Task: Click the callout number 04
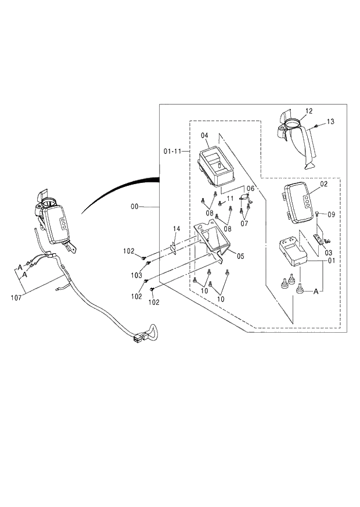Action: [204, 135]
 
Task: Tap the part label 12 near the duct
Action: [308, 110]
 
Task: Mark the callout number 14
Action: [177, 229]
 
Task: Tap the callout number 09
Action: [331, 214]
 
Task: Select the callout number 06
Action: [250, 189]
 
